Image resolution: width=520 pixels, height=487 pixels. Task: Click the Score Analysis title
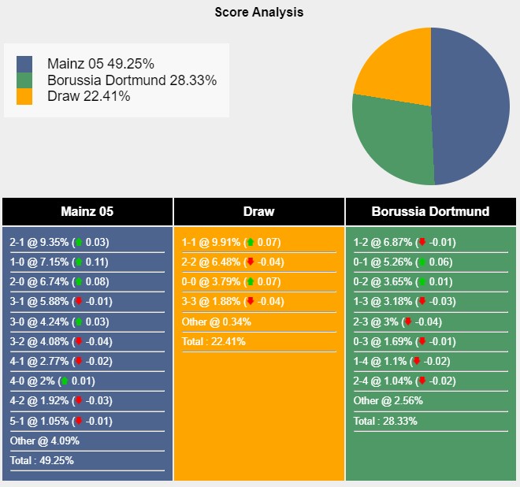click(259, 13)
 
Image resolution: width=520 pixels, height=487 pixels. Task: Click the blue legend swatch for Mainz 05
click(24, 64)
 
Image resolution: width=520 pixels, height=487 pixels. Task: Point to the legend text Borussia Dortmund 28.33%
click(132, 80)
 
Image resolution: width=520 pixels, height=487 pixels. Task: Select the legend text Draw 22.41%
click(88, 96)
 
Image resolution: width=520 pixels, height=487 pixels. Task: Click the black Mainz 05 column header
click(87, 211)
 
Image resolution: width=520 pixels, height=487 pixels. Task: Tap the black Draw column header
click(259, 211)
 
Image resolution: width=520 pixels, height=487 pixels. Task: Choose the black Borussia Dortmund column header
click(430, 211)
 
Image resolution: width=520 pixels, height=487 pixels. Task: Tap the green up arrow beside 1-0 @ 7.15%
click(79, 262)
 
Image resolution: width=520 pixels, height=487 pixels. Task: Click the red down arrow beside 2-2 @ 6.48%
click(251, 262)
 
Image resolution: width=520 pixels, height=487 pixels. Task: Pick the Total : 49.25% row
click(42, 460)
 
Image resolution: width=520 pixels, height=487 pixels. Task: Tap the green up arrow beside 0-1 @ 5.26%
click(422, 262)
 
